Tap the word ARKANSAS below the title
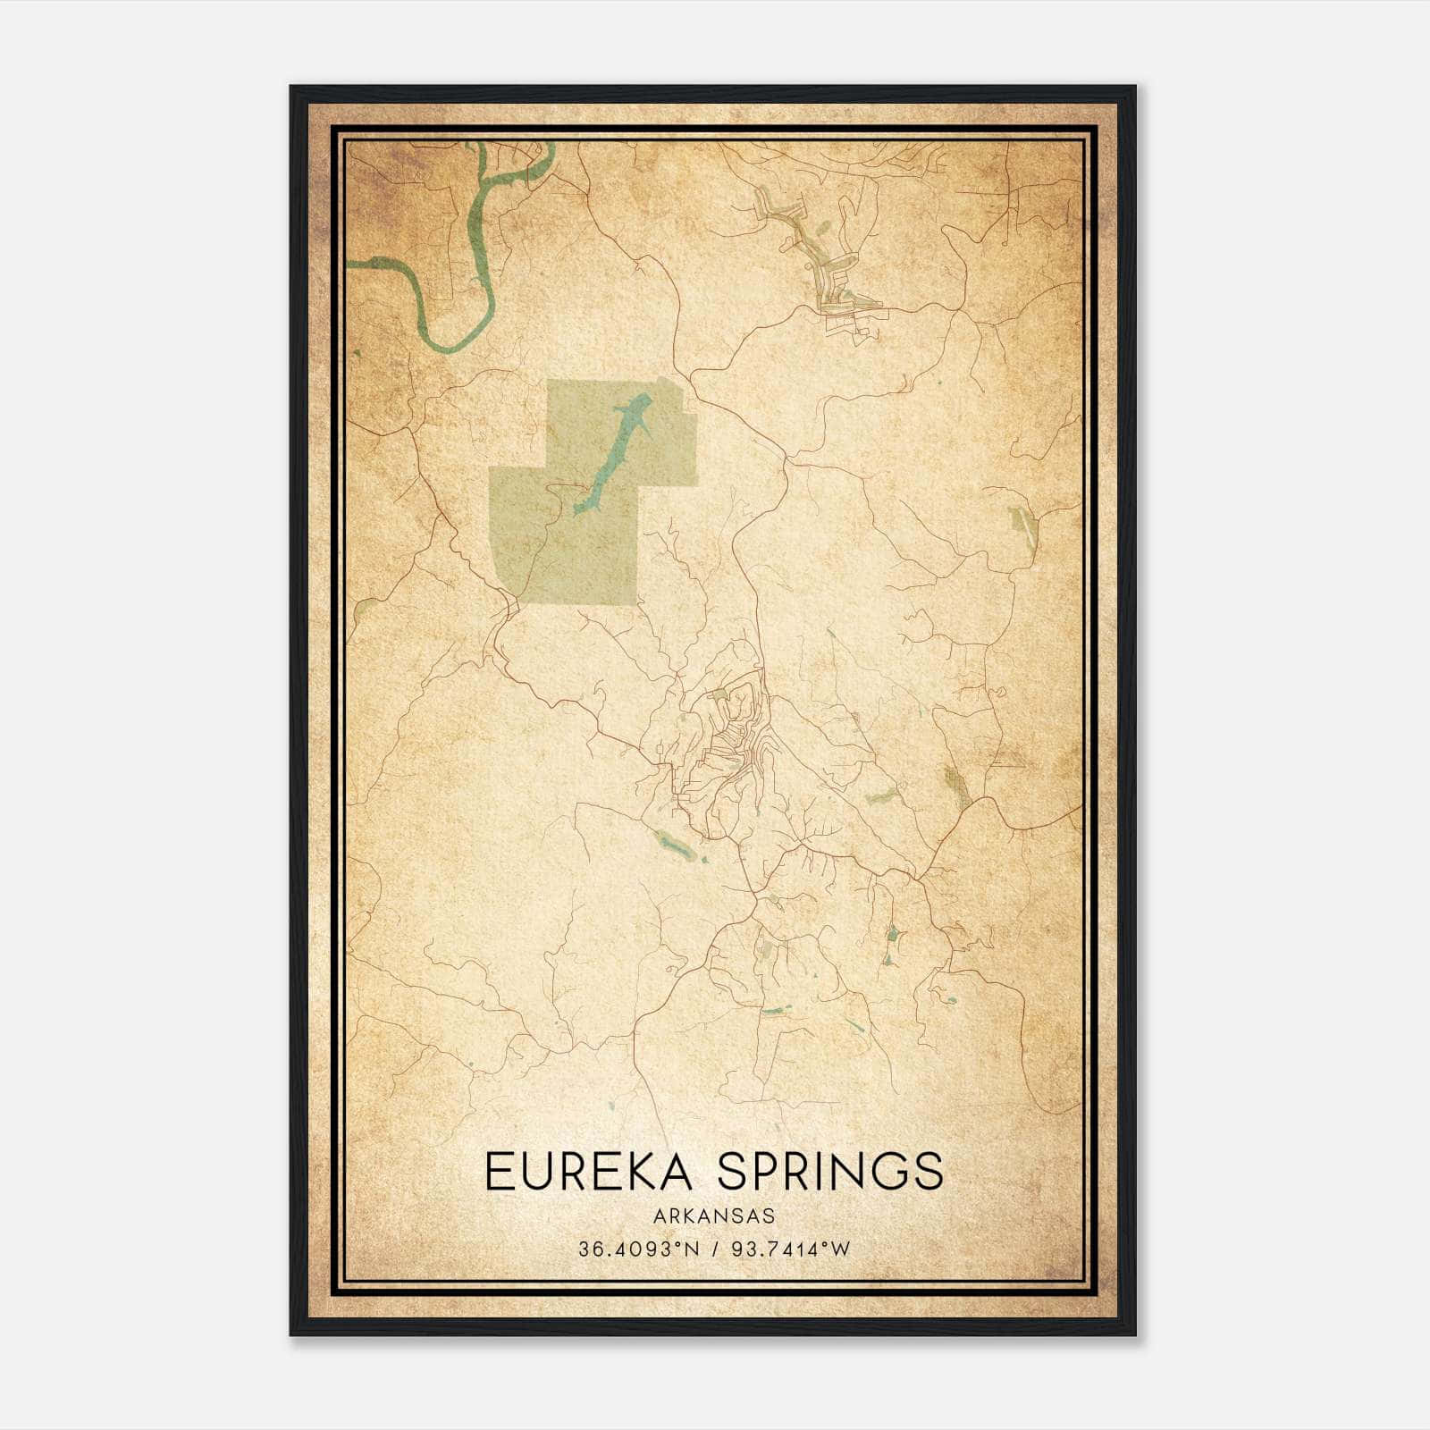coord(713,1216)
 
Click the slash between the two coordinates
coord(712,1249)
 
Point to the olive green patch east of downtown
coord(955,781)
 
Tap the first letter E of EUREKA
coord(497,1172)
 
